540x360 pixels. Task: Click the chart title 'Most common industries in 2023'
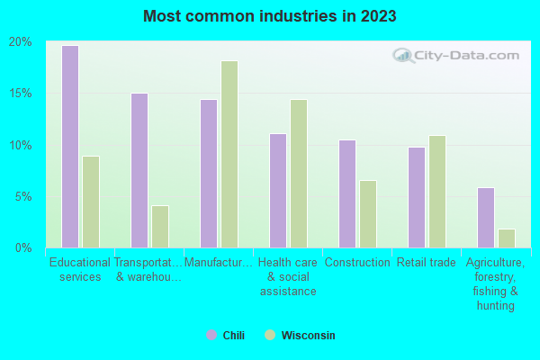[269, 16]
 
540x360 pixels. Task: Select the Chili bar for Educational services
[69, 147]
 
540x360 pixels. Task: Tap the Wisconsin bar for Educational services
[90, 202]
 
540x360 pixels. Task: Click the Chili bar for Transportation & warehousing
[139, 170]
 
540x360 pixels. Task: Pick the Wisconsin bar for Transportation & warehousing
[159, 226]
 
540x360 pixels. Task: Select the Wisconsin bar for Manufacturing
[229, 154]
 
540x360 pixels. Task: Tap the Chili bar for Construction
[346, 193]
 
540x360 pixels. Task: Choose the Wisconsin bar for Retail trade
[436, 191]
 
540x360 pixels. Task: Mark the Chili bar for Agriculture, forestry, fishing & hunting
[485, 217]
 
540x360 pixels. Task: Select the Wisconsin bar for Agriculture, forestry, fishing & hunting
[506, 238]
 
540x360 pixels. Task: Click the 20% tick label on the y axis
[21, 42]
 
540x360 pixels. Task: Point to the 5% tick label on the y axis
[23, 196]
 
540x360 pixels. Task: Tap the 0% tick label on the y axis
[23, 247]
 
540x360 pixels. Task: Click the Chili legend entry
[225, 335]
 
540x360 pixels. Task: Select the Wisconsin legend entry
[300, 335]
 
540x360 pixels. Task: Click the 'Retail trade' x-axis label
[426, 263]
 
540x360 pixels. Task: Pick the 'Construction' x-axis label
[356, 263]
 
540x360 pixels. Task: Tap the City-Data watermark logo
[454, 56]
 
